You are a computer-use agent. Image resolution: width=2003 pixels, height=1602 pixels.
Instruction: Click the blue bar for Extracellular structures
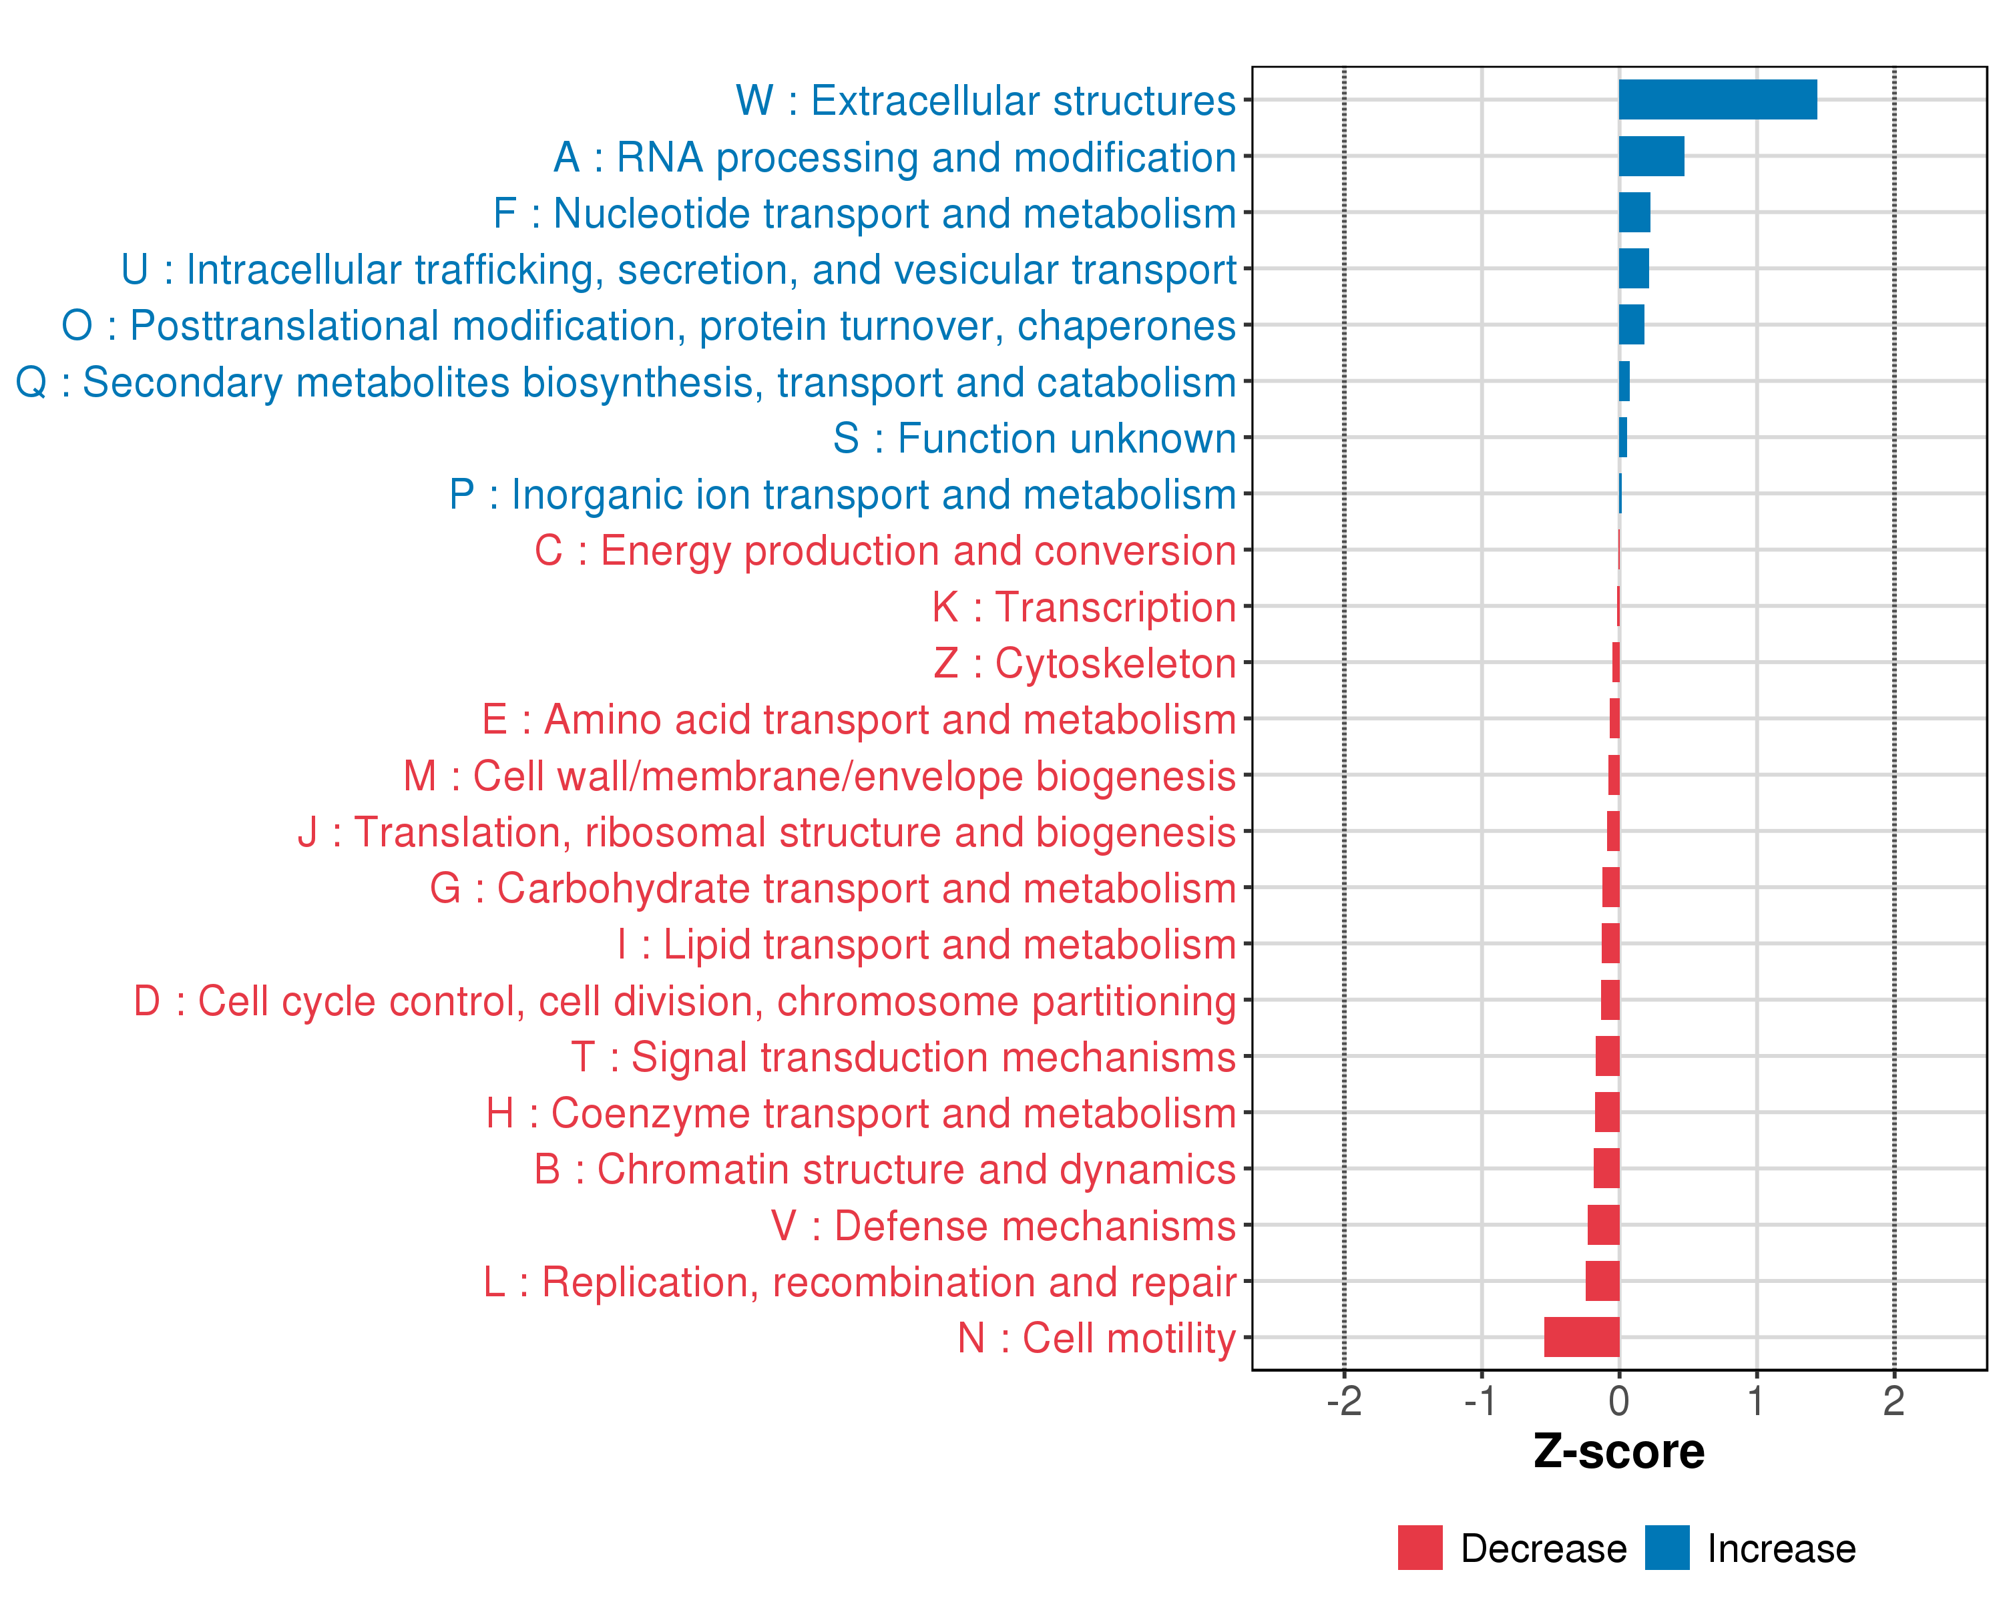coord(1717,99)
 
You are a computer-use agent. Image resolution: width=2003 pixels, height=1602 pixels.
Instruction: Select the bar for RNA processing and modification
coord(1651,156)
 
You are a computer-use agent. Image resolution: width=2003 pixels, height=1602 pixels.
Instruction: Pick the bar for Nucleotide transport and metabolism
coord(1634,213)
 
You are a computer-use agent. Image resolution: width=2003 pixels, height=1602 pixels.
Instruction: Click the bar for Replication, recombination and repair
coord(1602,1281)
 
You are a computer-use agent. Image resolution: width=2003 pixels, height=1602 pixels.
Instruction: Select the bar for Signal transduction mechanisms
coord(1607,1056)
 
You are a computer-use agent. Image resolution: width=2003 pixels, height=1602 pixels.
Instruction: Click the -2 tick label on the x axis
coord(1343,1400)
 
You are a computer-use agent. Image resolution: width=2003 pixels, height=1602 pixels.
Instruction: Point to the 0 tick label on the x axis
coord(1618,1400)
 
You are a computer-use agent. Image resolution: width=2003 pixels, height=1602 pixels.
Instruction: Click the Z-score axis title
coord(1618,1452)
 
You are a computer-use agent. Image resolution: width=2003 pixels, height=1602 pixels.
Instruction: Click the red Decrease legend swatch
coord(1419,1548)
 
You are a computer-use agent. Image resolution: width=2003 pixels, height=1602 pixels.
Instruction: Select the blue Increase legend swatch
coord(1666,1548)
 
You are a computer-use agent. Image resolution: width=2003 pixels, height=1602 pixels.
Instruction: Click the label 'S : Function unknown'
coord(1034,439)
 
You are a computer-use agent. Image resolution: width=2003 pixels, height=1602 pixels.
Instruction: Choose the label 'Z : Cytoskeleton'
coord(1084,663)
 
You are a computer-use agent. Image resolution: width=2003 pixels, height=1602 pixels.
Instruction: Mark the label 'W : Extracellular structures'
coord(985,100)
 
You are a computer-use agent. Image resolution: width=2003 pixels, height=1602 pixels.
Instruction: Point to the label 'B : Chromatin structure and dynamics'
coord(885,1169)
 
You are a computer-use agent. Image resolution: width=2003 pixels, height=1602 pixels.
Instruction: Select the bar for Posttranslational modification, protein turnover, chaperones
coord(1631,325)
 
